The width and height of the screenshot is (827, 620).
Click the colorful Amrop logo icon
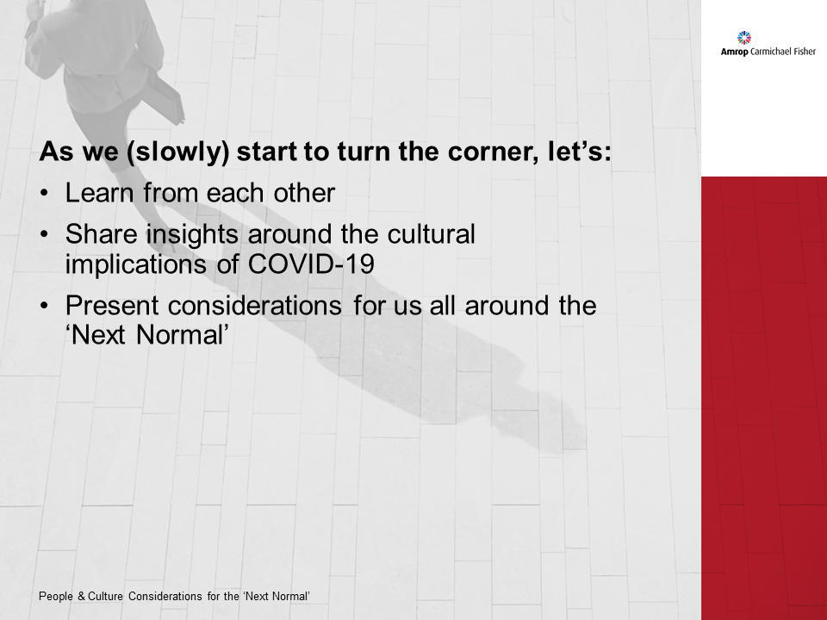click(x=745, y=38)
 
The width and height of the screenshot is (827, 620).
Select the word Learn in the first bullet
click(x=100, y=193)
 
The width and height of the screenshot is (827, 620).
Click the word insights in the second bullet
click(x=196, y=234)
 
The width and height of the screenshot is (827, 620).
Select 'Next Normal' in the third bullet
click(x=146, y=334)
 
